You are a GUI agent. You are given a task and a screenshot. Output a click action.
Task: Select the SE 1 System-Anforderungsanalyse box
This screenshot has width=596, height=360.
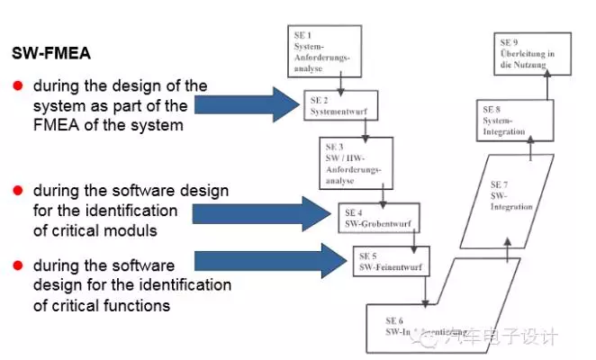325,50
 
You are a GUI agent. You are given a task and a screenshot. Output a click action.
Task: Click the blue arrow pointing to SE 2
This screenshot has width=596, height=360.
245,105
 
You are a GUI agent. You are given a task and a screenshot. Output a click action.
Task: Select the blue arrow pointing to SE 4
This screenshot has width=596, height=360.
262,214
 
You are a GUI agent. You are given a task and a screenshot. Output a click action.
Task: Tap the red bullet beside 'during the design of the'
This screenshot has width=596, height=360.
17,86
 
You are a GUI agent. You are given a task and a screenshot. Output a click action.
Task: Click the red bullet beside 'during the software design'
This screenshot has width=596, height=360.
17,191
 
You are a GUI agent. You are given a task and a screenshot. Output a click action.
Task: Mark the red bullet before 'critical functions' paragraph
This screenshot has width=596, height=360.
17,265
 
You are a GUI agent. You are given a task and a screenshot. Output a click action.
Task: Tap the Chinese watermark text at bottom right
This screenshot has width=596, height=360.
515,337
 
